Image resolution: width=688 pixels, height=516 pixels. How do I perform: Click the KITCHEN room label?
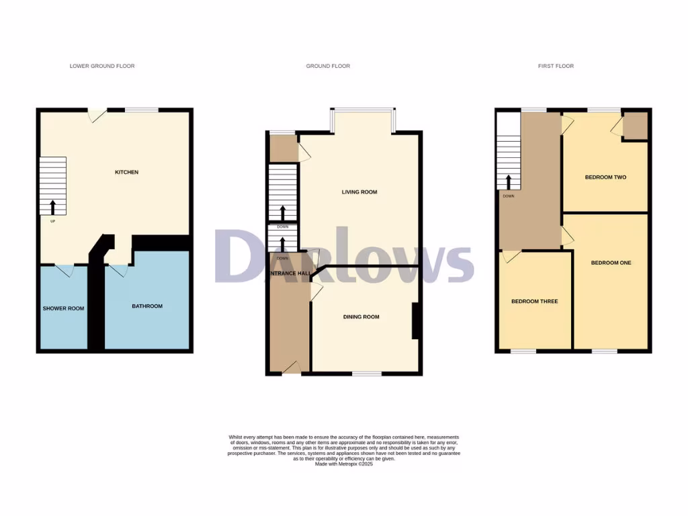coord(126,173)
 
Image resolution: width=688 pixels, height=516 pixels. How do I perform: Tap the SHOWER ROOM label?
coord(64,308)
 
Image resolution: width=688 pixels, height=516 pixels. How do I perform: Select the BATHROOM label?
coord(146,306)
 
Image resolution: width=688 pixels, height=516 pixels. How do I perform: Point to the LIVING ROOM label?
coord(359,192)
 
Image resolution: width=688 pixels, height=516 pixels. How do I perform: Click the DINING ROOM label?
coord(361,317)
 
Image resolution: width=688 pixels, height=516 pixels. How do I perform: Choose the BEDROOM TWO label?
coord(605,177)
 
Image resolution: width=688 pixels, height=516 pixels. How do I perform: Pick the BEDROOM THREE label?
coord(535,302)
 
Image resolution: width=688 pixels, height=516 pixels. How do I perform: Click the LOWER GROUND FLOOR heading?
coord(102,66)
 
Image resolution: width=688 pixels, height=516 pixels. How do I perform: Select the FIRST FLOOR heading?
coord(556,66)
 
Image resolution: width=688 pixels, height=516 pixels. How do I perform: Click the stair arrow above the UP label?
coord(52,206)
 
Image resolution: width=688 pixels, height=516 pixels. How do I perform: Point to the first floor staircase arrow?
coord(509,182)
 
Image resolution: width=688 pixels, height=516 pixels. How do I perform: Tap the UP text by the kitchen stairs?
coord(52,220)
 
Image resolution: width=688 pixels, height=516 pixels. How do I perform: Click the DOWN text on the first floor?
coord(508,196)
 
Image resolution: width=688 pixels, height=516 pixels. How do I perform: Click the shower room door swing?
coord(64,270)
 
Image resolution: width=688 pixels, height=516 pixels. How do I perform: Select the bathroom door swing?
coord(118,270)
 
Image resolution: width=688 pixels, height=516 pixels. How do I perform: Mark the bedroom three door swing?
coord(511,255)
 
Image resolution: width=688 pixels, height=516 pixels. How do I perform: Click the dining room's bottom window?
coord(367,373)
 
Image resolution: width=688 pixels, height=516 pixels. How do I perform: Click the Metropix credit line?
coord(344,464)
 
